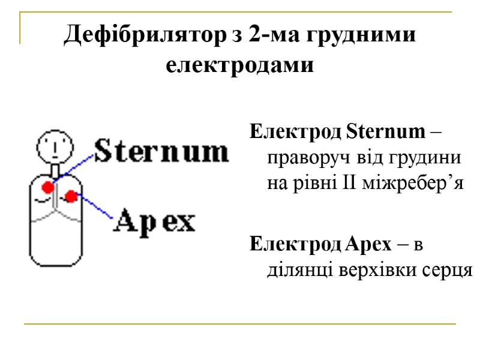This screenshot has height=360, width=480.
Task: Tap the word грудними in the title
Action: (x=364, y=34)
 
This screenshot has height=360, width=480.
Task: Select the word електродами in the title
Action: (x=239, y=64)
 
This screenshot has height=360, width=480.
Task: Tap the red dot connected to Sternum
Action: (x=47, y=187)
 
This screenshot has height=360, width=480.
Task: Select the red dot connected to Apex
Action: (x=71, y=196)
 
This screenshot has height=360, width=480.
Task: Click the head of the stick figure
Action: (x=54, y=146)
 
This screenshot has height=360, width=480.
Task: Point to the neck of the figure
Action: (x=55, y=170)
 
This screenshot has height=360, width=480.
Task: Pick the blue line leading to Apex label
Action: (x=95, y=206)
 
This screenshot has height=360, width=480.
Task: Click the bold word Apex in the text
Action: (x=369, y=244)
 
